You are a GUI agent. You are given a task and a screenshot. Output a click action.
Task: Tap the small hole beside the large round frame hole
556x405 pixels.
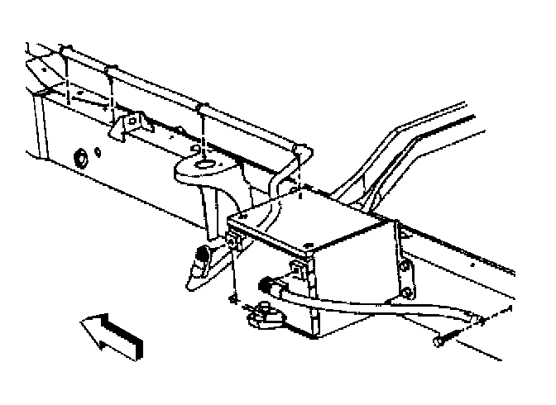tap(98, 152)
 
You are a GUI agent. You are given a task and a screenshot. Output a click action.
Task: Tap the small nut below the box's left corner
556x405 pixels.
tap(235, 298)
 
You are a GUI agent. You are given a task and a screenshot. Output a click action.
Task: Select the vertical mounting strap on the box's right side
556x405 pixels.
tap(402, 264)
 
